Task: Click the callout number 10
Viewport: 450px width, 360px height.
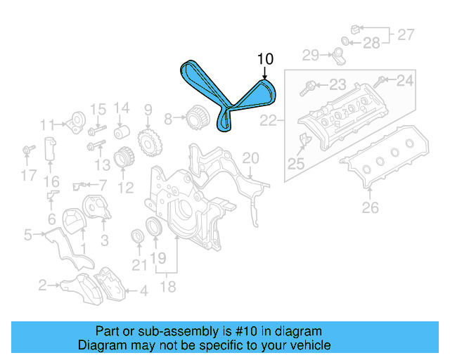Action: tap(265, 59)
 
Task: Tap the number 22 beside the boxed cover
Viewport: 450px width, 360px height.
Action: tap(268, 122)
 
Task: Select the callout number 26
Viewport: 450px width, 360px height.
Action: tap(370, 207)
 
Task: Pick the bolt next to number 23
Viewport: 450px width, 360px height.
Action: tap(308, 89)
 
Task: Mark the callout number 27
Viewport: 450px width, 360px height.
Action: tap(406, 34)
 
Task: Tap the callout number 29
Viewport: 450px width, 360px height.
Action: tap(311, 55)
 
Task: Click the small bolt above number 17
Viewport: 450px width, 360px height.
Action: tap(28, 149)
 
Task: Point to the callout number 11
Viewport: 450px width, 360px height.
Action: tap(47, 125)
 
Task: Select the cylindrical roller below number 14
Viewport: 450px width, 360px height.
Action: tap(122, 132)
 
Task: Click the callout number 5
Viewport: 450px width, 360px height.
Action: tap(27, 235)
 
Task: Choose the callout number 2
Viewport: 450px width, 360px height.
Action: tap(42, 285)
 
